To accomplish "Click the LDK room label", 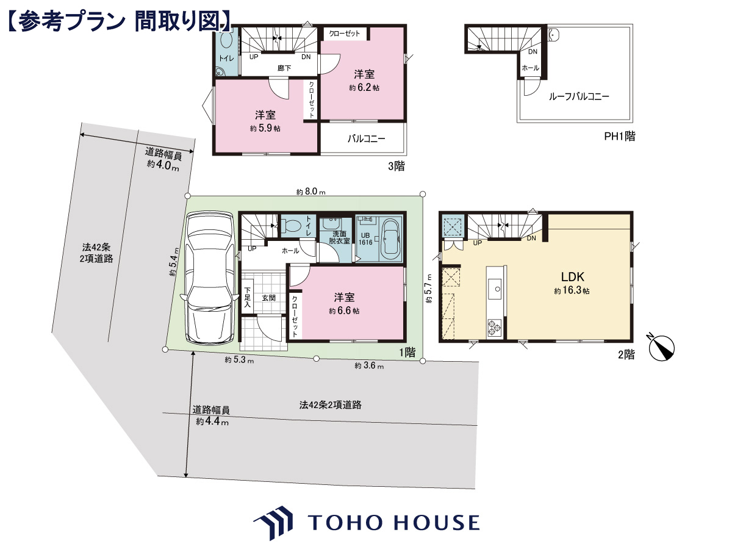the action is point(572,277).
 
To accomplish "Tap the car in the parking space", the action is point(209,278).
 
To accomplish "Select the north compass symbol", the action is point(661,347).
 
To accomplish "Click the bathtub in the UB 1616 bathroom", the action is point(390,240).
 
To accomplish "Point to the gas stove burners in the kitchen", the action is point(494,327).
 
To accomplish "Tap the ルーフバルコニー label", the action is point(579,96).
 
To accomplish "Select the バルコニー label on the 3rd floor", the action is point(366,138).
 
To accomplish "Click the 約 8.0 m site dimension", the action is point(311,192).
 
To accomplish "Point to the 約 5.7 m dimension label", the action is point(429,288).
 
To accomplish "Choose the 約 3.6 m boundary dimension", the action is point(369,365).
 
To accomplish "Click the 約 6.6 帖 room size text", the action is point(344,310).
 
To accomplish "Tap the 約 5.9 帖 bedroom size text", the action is point(265,128).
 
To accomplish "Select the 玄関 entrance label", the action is point(269,298).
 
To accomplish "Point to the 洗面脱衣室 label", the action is point(339,237).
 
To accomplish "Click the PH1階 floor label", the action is point(620,136).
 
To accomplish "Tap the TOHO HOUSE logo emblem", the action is point(273,522).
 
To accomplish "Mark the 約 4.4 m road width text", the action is point(212,422).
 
